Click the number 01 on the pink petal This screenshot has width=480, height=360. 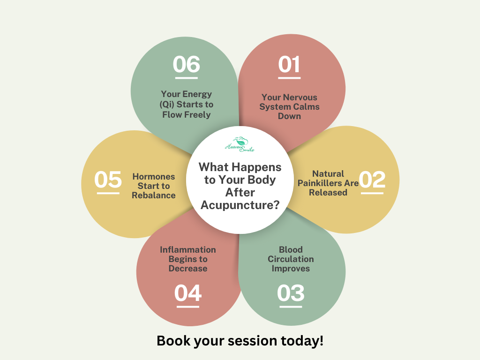tap(289, 64)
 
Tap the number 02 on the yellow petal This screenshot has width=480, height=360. tap(372, 180)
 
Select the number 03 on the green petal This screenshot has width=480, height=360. tap(291, 293)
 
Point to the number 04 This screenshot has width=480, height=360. tap(187, 293)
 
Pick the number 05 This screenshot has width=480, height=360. tap(108, 180)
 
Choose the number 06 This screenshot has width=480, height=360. tap(186, 64)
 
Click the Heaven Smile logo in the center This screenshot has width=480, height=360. tap(240, 144)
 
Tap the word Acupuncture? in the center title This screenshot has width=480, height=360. tap(240, 205)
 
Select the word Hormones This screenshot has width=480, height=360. tap(154, 177)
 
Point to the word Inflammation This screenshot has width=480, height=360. tap(187, 250)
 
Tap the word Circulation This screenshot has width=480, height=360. tap(291, 259)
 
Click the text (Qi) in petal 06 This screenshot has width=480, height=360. tap(166, 105)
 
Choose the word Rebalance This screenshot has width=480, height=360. tap(154, 195)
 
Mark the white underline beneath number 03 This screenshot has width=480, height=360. tap(291, 307)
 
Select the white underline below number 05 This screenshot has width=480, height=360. tap(108, 193)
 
